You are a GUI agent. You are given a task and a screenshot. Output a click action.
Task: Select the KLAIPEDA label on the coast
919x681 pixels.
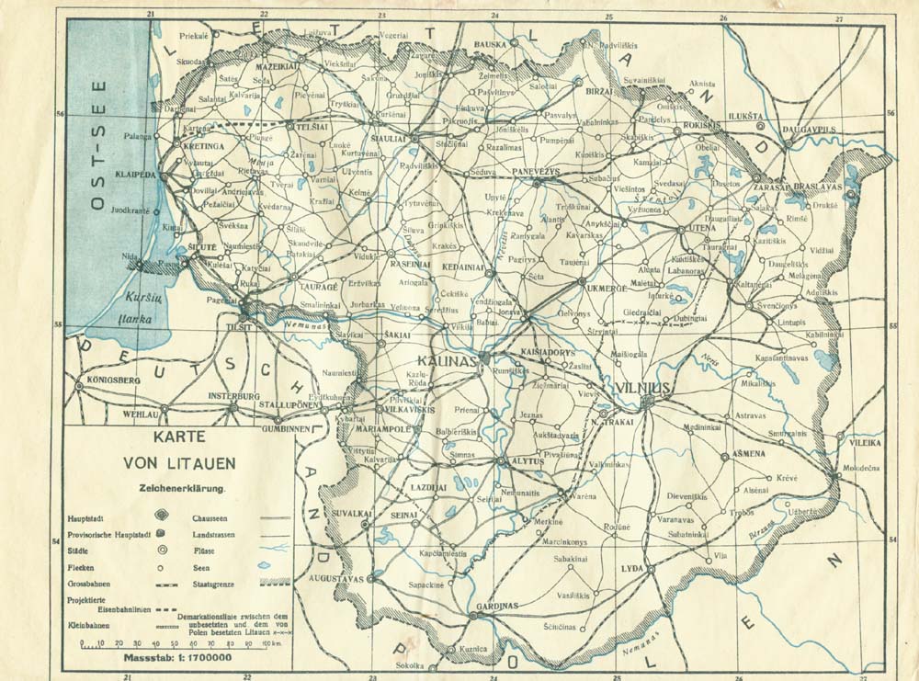tap(135, 173)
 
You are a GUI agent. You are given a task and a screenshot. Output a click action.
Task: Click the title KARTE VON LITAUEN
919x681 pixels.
tap(178, 450)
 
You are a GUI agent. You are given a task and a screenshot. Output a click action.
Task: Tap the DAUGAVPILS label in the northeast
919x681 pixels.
tap(809, 130)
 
